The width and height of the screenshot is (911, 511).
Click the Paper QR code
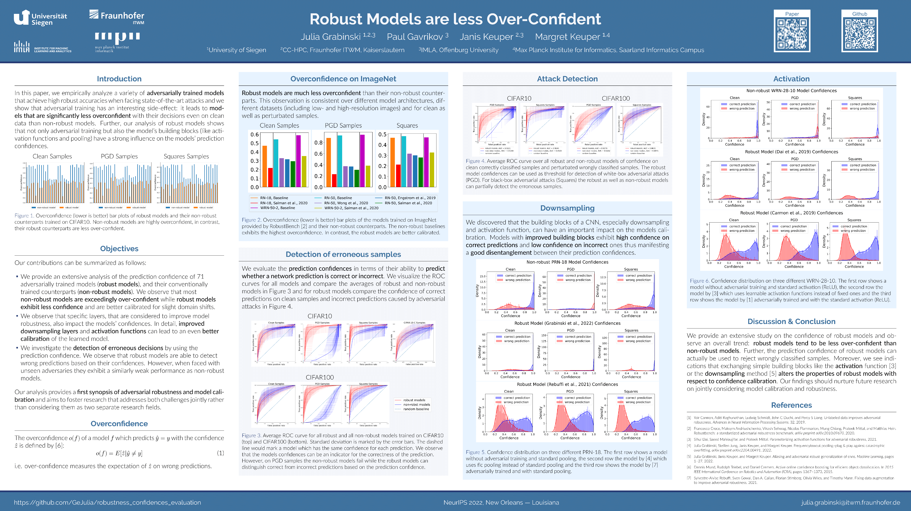(792, 34)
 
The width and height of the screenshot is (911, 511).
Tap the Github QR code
(859, 34)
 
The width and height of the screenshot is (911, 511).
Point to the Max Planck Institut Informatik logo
(117, 42)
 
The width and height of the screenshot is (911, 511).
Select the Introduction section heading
(119, 79)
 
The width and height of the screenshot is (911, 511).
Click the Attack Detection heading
(567, 79)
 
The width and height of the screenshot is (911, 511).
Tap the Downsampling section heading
(567, 208)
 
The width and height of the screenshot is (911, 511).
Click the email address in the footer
(851, 502)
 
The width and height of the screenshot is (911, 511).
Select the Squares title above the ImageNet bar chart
(407, 125)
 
